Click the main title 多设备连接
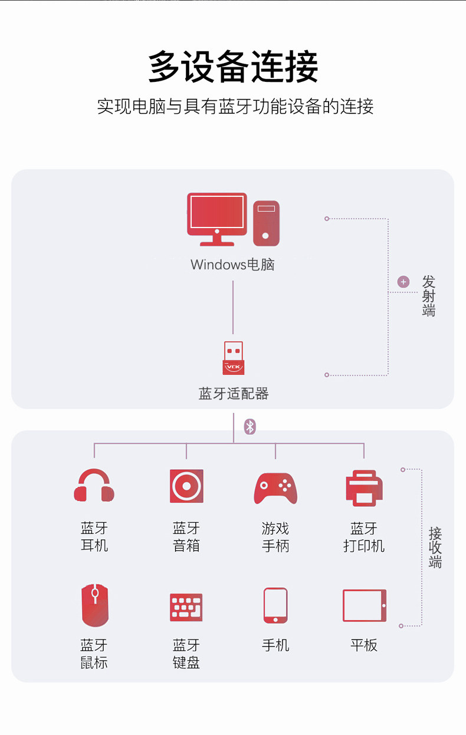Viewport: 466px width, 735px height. pos(233,67)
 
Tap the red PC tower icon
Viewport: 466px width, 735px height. pos(266,223)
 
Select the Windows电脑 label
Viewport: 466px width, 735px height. pos(233,265)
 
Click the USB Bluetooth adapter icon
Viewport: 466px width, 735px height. pos(234,358)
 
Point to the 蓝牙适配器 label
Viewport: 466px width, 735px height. pos(234,394)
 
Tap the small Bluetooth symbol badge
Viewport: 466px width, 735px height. pos(250,427)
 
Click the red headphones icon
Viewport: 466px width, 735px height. pos(94,486)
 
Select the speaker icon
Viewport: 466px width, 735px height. pos(186,486)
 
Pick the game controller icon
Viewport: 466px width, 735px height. pos(275,488)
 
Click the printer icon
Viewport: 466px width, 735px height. pos(364,488)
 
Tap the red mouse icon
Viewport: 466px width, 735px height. pos(94,605)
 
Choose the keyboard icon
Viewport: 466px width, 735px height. pos(186,607)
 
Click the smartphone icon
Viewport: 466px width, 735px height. pos(275,605)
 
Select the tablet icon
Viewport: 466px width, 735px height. pos(365,605)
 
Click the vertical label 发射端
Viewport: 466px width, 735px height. pos(429,296)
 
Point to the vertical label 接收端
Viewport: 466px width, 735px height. pos(435,548)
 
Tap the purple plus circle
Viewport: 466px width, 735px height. pos(403,282)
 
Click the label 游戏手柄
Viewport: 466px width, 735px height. pos(275,537)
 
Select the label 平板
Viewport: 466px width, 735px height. pos(364,645)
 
